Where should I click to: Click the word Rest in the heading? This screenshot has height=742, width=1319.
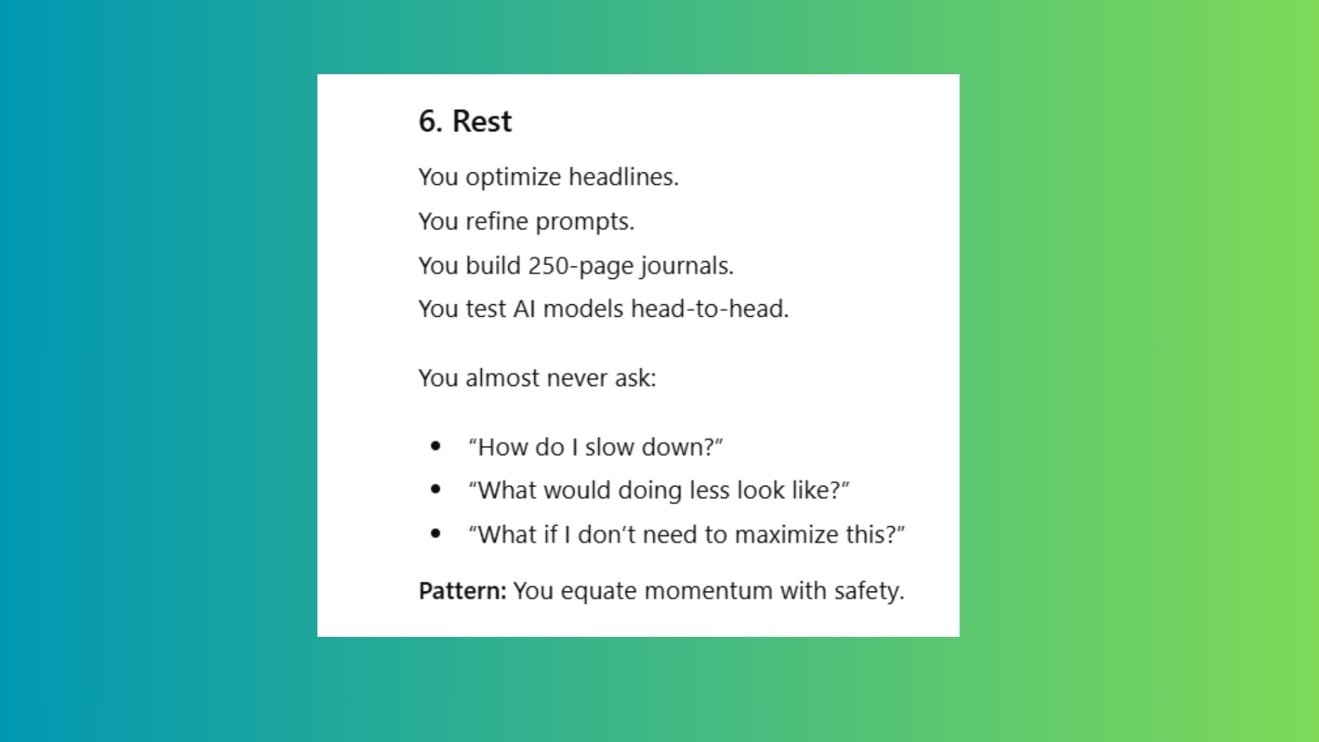482,122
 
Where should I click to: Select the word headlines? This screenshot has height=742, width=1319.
623,177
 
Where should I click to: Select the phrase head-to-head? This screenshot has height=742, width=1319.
710,309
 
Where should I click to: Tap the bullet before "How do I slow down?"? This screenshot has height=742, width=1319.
435,447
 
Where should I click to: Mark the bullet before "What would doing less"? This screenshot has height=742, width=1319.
435,490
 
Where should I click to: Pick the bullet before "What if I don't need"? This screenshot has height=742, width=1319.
435,534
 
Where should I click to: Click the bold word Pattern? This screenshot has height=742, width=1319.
462,591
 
